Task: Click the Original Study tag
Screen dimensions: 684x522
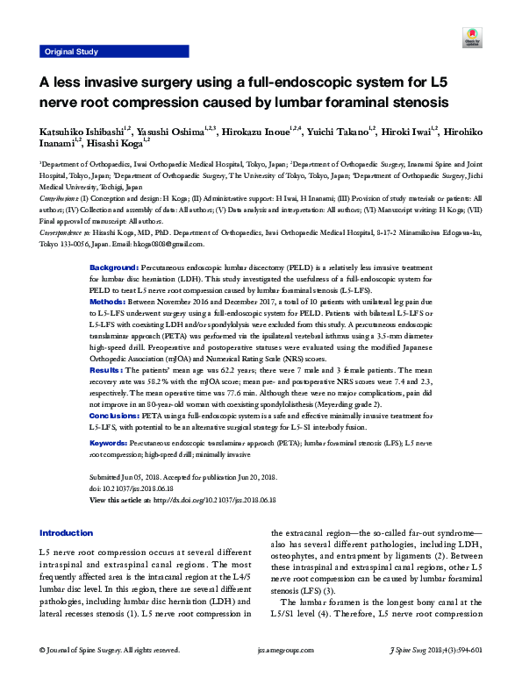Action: (x=71, y=53)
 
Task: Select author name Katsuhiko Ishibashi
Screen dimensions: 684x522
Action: (x=81, y=131)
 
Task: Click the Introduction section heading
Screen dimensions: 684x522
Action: (x=67, y=533)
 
